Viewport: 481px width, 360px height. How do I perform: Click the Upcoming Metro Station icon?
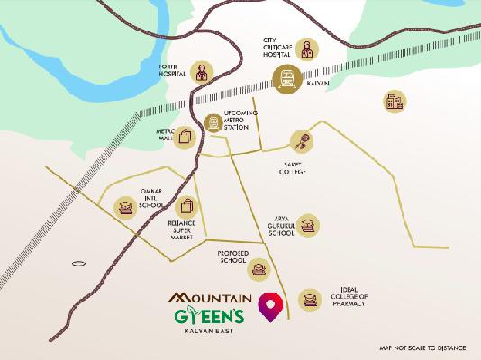click(x=213, y=124)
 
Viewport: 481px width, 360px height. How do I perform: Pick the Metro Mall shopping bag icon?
click(x=185, y=138)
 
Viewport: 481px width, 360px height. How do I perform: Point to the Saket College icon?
click(x=297, y=141)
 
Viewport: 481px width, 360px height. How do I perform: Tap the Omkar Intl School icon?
click(x=123, y=209)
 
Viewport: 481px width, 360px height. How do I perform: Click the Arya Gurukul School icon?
click(x=309, y=225)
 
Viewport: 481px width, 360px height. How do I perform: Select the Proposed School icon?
click(x=259, y=268)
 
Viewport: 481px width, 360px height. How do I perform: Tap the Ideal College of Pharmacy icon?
click(x=309, y=299)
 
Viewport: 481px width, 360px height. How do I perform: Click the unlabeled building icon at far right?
click(x=393, y=102)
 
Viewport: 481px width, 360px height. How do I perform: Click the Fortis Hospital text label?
click(x=172, y=71)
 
